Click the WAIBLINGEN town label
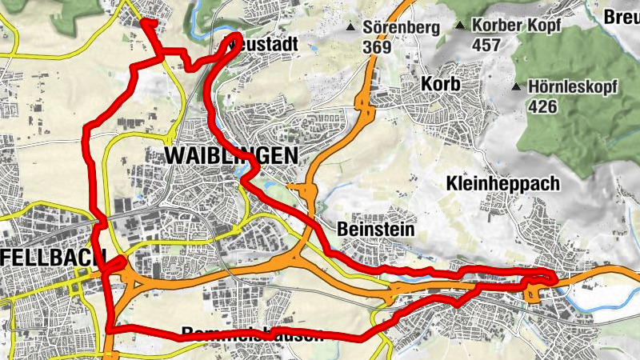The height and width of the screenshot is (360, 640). (x=230, y=155)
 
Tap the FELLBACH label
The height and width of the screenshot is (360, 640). (x=53, y=258)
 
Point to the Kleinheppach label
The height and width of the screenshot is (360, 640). (x=503, y=183)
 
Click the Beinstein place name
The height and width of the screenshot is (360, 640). (x=376, y=230)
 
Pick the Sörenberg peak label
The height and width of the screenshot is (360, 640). (x=402, y=28)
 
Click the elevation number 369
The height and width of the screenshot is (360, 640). (x=376, y=47)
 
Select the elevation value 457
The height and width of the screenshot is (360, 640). (x=486, y=45)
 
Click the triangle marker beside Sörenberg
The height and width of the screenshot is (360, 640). (x=350, y=29)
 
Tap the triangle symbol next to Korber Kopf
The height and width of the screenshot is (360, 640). (x=460, y=26)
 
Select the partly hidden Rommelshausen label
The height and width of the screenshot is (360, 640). (x=252, y=334)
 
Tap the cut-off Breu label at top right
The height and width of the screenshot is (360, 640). (x=622, y=17)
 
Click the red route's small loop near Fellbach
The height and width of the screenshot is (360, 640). (x=117, y=266)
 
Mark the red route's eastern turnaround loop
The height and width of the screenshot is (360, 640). (x=544, y=278)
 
